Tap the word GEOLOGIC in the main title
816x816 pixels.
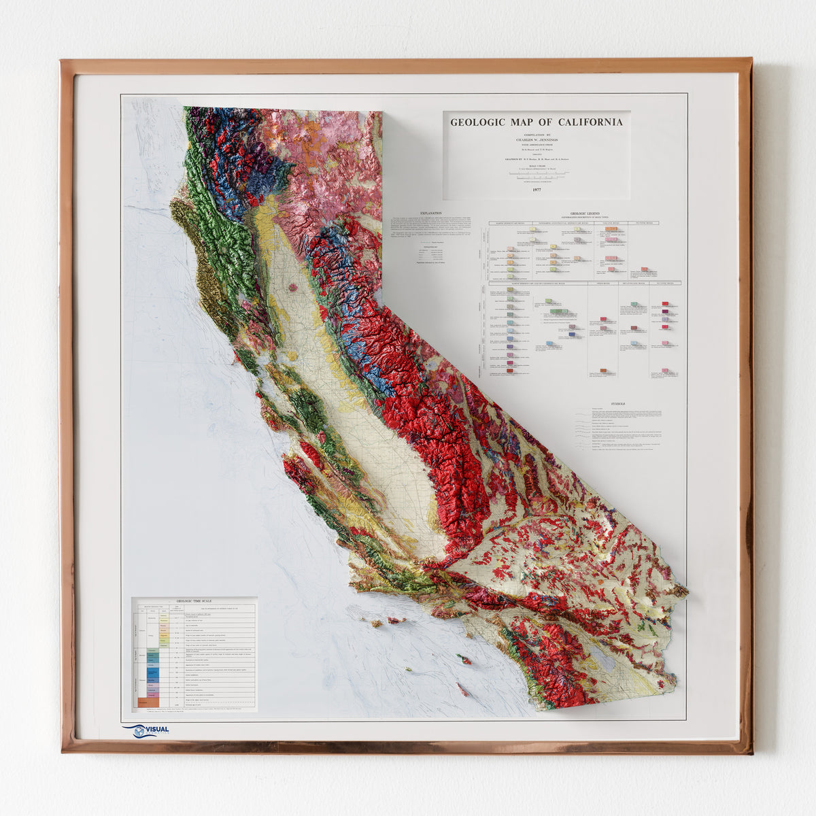pos(477,122)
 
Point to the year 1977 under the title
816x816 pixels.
pos(537,191)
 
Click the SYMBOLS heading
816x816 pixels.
pos(618,403)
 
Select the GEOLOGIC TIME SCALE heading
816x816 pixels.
pos(194,601)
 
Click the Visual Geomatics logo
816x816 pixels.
pos(146,731)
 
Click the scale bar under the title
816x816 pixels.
pos(537,175)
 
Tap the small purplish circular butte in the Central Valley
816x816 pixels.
pos(293,288)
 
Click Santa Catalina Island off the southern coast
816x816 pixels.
pos(464,660)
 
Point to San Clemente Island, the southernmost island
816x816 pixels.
pos(462,690)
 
